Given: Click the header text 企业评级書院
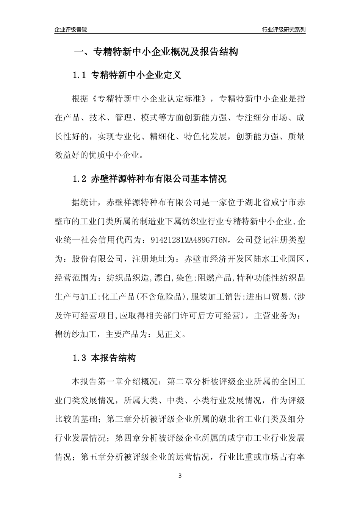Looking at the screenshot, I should pyautogui.click(x=71, y=30).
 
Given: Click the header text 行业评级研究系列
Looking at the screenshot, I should pyautogui.click(x=283, y=30).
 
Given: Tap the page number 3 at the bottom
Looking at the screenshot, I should pyautogui.click(x=180, y=476).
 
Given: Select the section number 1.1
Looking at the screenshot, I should pyautogui.click(x=80, y=75).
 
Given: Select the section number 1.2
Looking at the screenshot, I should pyautogui.click(x=80, y=179).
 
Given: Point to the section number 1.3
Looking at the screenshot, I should pyautogui.click(x=80, y=358).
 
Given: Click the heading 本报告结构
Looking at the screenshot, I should pyautogui.click(x=113, y=358).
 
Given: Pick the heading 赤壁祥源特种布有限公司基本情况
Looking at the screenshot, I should pyautogui.click(x=159, y=179).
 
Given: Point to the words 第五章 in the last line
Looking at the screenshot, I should pyautogui.click(x=93, y=457).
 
